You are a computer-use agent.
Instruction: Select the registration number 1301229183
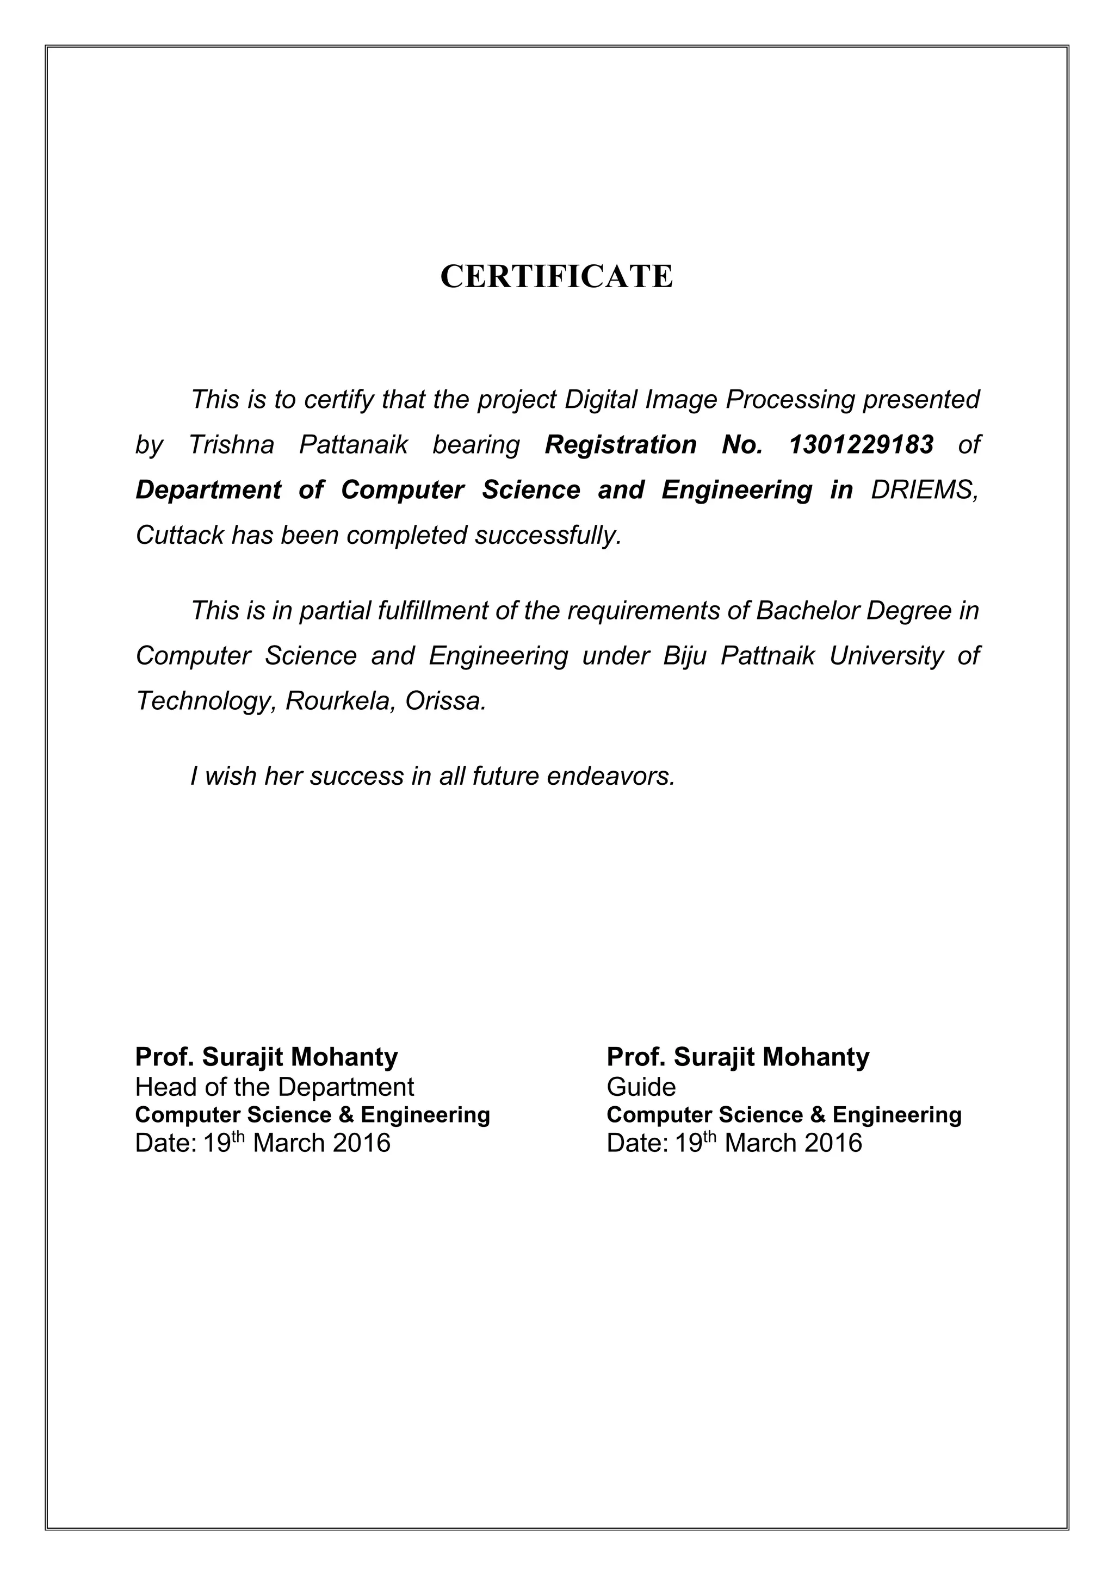[861, 445]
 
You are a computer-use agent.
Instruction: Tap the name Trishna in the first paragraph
[231, 445]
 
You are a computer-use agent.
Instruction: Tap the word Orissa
[445, 701]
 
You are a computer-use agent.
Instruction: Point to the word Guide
[641, 1087]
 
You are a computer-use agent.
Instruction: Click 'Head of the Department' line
[274, 1087]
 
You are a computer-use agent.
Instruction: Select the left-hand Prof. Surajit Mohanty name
[266, 1057]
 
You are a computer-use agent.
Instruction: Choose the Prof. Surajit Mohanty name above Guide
[738, 1057]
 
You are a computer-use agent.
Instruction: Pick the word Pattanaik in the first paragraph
[353, 445]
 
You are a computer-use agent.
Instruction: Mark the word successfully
[548, 536]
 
